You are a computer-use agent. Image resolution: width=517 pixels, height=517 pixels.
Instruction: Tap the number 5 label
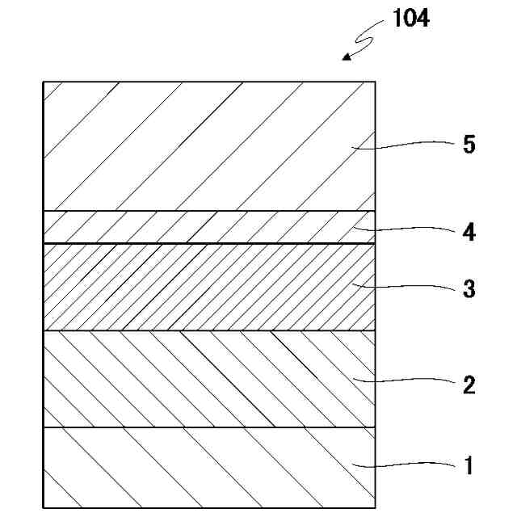tap(469, 145)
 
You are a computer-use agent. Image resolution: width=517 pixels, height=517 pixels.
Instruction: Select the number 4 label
tap(469, 233)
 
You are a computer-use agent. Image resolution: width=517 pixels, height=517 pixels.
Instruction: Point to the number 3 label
tap(469, 289)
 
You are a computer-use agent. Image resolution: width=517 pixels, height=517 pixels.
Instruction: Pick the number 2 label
tap(469, 385)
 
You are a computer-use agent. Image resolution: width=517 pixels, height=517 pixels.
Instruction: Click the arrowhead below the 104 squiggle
tap(347, 57)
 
